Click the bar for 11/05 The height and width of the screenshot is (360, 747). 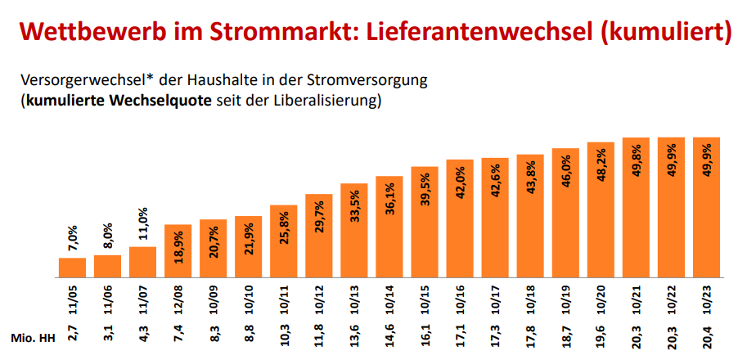click(x=72, y=268)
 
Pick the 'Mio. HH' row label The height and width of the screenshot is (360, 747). click(x=30, y=338)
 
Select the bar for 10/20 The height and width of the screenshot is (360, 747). click(x=601, y=210)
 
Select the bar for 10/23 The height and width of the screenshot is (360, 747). click(x=706, y=208)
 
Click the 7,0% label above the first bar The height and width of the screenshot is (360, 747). click(x=72, y=240)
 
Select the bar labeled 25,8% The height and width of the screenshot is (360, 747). click(x=284, y=241)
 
